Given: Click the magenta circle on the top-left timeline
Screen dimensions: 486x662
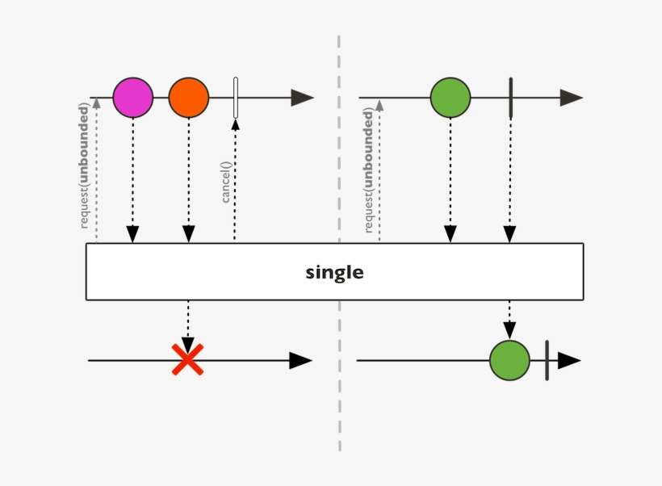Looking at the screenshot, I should click(x=132, y=98).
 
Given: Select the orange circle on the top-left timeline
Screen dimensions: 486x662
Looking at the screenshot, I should click(x=189, y=98).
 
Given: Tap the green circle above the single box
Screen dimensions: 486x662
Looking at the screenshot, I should click(x=450, y=98).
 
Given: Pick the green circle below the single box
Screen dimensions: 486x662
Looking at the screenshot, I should click(x=509, y=360).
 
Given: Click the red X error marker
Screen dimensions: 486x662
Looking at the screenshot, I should click(x=187, y=359).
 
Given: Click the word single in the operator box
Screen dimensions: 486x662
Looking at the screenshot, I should click(x=334, y=272).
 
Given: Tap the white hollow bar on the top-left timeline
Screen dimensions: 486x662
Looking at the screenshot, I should click(x=235, y=98).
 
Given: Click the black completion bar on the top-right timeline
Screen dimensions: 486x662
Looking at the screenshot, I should click(x=510, y=98).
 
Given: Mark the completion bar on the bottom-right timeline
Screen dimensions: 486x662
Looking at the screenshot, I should click(x=547, y=360).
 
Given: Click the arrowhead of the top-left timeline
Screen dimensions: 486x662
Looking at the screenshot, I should click(x=302, y=98).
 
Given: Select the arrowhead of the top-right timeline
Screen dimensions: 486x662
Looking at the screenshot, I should click(x=571, y=98).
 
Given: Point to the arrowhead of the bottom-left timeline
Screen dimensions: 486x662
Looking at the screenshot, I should click(x=300, y=360).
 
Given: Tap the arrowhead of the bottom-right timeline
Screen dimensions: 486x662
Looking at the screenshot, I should click(x=569, y=360).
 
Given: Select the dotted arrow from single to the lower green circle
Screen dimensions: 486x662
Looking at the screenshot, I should click(x=509, y=319).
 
